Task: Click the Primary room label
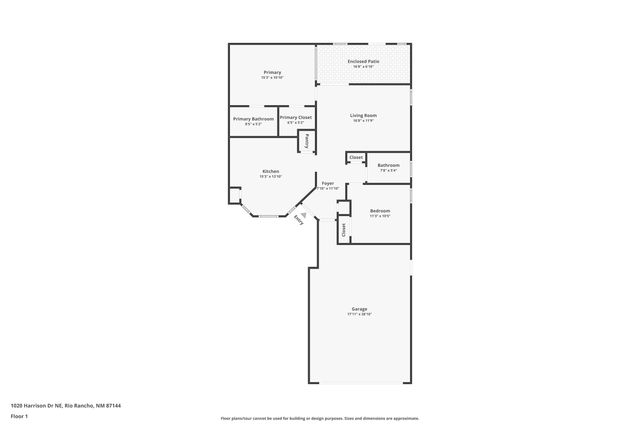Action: pyautogui.click(x=272, y=73)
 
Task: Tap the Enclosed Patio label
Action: pyautogui.click(x=363, y=62)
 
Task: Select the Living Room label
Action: pyautogui.click(x=363, y=116)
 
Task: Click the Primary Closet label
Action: pyautogui.click(x=296, y=119)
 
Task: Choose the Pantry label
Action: pyautogui.click(x=307, y=143)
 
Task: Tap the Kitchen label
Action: pyautogui.click(x=271, y=172)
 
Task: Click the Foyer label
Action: pyautogui.click(x=327, y=184)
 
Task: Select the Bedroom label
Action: pyautogui.click(x=380, y=211)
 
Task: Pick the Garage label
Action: pyautogui.click(x=359, y=309)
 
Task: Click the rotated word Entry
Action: pyautogui.click(x=298, y=221)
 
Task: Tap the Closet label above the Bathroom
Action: pyautogui.click(x=356, y=157)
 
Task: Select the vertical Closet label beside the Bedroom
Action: pyautogui.click(x=344, y=229)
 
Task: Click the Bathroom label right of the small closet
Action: pyautogui.click(x=388, y=165)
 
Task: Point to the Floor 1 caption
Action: pyautogui.click(x=19, y=416)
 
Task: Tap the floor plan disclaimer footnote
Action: pyautogui.click(x=320, y=418)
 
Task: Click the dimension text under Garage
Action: pyautogui.click(x=359, y=314)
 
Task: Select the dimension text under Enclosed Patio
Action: pyautogui.click(x=363, y=67)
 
